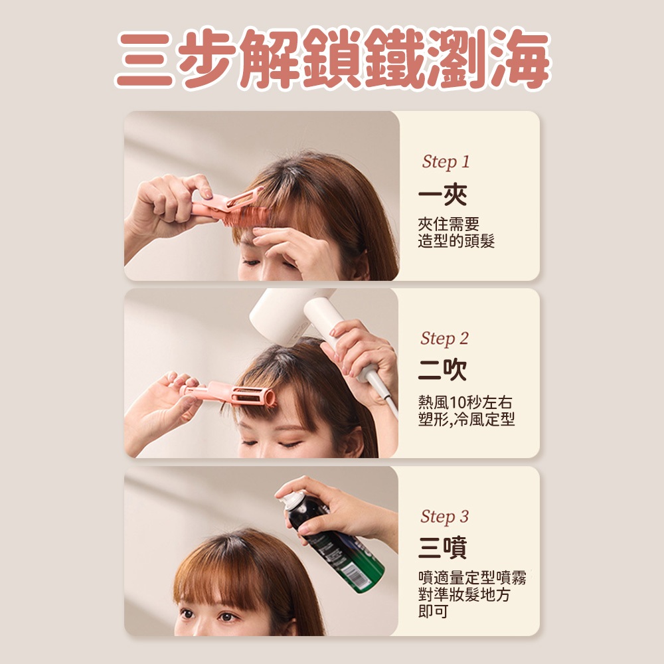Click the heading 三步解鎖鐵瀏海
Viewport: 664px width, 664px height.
point(333,59)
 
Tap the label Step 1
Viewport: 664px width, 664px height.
point(446,162)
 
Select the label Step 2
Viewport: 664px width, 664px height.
point(445,339)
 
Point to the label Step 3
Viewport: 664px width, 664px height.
point(445,517)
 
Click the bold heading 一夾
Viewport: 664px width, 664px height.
point(442,195)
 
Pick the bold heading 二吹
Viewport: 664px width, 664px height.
point(442,370)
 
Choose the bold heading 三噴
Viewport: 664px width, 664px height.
point(442,548)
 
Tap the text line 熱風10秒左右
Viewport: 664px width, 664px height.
point(465,402)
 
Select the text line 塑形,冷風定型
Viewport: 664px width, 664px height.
point(466,419)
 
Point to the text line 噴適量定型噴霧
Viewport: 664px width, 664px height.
point(472,578)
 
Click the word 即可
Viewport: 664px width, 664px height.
point(433,612)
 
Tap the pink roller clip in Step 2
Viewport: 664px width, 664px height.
point(228,394)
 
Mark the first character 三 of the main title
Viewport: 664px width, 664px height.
point(144,60)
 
